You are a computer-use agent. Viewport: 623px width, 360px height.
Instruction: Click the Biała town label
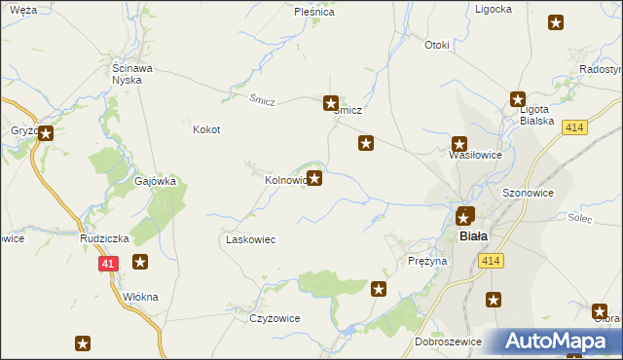coord(473,235)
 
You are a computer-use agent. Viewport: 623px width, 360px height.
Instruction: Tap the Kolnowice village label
coord(285,180)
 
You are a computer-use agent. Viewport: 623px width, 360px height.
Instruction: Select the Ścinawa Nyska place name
coord(128,74)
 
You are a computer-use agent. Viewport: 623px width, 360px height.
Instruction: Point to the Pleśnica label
coord(314,13)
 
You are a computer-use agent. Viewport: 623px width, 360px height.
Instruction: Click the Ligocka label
coord(494,9)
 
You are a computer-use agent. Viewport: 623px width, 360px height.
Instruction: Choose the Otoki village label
coord(437,45)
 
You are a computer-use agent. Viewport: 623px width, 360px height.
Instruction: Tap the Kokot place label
coord(206,129)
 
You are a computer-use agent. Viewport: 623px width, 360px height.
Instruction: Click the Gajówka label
coord(155,181)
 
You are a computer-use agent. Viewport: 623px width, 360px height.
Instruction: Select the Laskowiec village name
coord(251,239)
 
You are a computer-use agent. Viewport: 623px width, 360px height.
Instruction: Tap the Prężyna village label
coord(427,261)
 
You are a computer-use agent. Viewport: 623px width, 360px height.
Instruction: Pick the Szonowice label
coord(528,193)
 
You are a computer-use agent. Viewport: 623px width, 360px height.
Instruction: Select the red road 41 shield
coord(108,263)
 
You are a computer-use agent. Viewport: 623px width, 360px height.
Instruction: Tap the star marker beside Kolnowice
coord(314,178)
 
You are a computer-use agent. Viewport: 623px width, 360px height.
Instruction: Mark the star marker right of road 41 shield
coord(140,261)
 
